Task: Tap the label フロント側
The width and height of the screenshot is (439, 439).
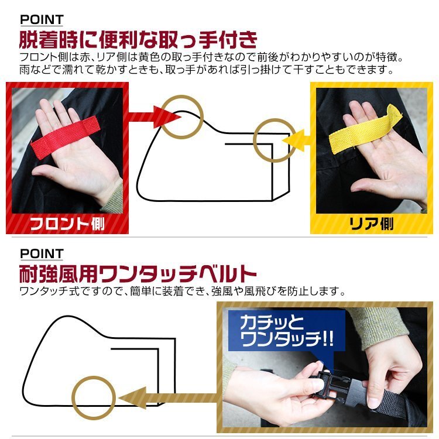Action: [x=67, y=222]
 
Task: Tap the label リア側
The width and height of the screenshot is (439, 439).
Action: [x=371, y=223]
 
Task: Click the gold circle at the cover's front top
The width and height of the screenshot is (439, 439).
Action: [x=181, y=114]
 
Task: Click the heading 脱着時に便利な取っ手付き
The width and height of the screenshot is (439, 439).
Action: [x=138, y=42]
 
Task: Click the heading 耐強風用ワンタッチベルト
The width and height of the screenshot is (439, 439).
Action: [x=138, y=274]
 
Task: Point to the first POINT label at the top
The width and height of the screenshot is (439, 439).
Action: [x=42, y=20]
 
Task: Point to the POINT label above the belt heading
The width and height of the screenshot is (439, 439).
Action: [x=42, y=253]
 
